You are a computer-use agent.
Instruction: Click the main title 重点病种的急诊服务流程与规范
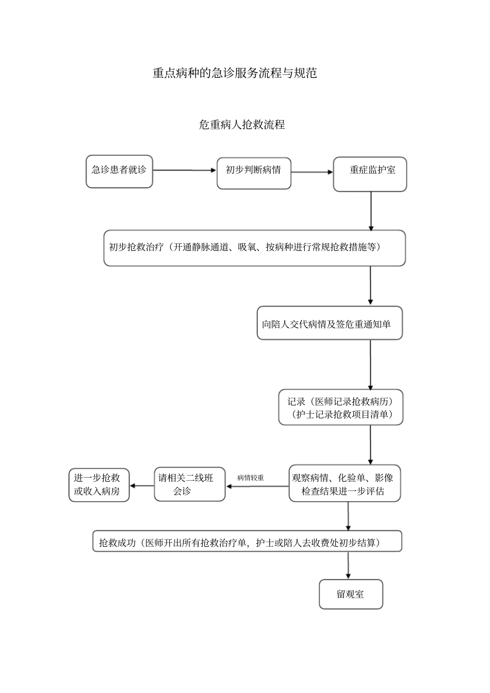[x=235, y=73]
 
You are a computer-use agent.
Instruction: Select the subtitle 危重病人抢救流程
[x=242, y=125]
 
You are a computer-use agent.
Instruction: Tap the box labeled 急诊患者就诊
[x=119, y=171]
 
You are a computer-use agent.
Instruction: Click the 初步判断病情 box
[x=254, y=173]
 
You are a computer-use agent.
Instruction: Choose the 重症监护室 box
[x=370, y=174]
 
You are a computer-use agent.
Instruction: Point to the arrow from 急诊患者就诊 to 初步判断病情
[x=185, y=170]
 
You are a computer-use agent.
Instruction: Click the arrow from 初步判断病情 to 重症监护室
[x=312, y=172]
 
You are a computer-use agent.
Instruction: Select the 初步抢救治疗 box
[x=254, y=248]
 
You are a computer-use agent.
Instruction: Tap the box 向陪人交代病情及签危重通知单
[x=329, y=324]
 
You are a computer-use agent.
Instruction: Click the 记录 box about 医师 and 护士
[x=340, y=408]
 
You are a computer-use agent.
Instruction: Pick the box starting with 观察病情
[x=344, y=484]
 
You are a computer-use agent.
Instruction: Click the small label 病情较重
[x=251, y=478]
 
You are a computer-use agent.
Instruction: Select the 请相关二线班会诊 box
[x=189, y=484]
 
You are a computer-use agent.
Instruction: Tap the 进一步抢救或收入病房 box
[x=99, y=485]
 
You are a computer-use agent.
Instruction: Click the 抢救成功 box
[x=247, y=542]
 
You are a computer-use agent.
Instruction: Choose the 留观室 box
[x=351, y=594]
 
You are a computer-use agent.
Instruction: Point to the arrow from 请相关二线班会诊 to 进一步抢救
[x=142, y=485]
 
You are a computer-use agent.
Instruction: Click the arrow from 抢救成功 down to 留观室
[x=349, y=565]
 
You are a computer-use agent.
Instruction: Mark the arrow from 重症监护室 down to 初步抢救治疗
[x=371, y=211]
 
